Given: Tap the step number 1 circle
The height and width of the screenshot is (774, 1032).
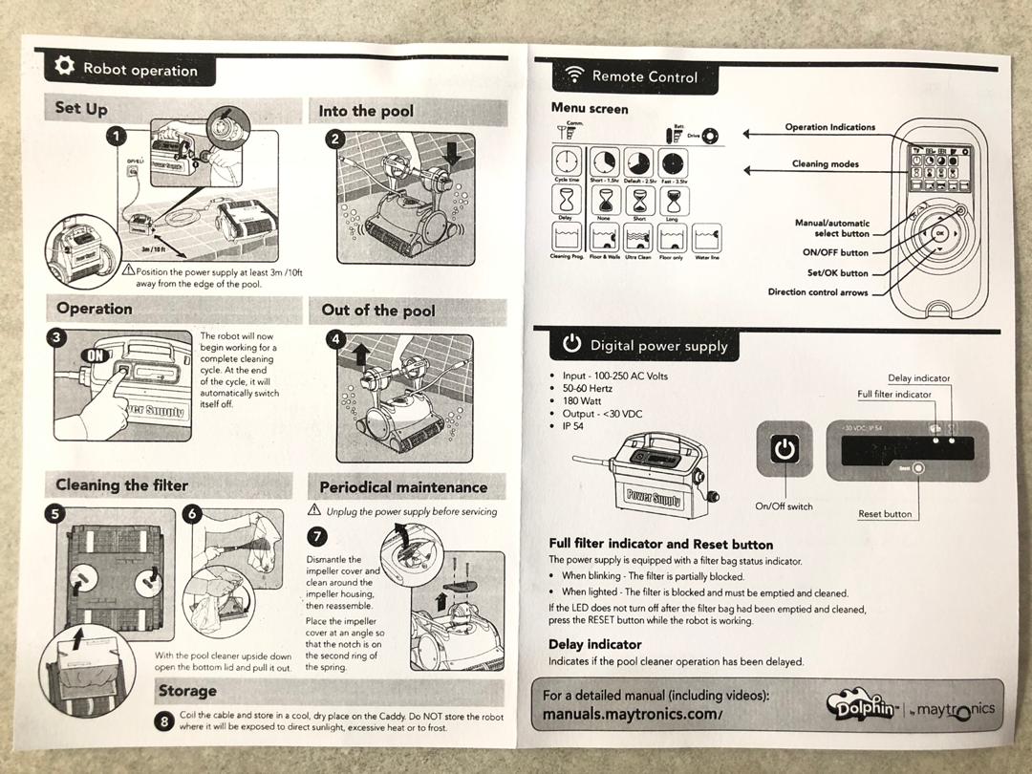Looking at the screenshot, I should pyautogui.click(x=115, y=138).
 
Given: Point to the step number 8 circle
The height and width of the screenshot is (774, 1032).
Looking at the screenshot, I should pyautogui.click(x=164, y=722).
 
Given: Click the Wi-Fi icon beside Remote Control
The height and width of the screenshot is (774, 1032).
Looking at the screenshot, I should pyautogui.click(x=574, y=75).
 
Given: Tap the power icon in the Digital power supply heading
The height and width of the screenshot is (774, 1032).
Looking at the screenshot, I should pyautogui.click(x=571, y=343).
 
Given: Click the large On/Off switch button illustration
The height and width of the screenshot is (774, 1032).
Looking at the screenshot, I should pyautogui.click(x=785, y=449).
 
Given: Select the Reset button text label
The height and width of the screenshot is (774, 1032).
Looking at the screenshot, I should pyautogui.click(x=884, y=514).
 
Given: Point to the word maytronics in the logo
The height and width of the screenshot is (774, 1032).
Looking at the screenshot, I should pyautogui.click(x=955, y=709).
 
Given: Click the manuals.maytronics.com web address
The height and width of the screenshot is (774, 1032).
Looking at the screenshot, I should pyautogui.click(x=632, y=714).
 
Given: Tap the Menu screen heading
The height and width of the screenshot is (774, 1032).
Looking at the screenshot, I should pyautogui.click(x=590, y=109).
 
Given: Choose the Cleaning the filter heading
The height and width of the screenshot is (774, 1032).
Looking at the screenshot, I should pyautogui.click(x=121, y=485).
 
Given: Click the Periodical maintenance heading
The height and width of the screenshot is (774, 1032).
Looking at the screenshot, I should pyautogui.click(x=403, y=487).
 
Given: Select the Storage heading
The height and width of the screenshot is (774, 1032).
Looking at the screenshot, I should pyautogui.click(x=187, y=691).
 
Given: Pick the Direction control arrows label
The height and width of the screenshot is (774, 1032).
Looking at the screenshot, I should pyautogui.click(x=818, y=292).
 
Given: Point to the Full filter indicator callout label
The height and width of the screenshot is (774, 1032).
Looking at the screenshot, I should pyautogui.click(x=893, y=394).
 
